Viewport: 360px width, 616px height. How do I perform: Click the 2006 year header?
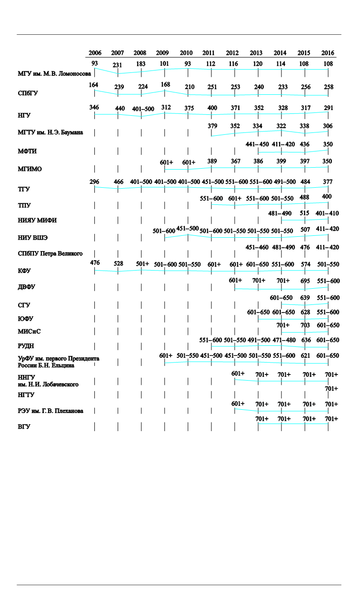[x=95, y=53]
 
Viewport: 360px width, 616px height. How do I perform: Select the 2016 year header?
[x=328, y=53]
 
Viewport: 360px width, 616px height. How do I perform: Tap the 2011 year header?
[x=208, y=53]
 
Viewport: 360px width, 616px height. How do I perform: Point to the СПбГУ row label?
[x=27, y=93]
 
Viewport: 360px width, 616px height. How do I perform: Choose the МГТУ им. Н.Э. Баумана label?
[x=50, y=132]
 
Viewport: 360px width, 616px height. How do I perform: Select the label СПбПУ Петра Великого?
[x=50, y=253]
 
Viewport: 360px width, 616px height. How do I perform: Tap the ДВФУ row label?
[x=26, y=287]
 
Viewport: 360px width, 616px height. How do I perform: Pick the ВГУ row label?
[x=24, y=427]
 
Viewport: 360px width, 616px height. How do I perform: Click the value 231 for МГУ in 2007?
[x=118, y=66]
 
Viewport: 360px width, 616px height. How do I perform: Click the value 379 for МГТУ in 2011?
[x=212, y=126]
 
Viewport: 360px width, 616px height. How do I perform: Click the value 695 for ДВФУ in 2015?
[x=305, y=281]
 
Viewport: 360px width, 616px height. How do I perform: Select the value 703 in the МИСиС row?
[x=305, y=325]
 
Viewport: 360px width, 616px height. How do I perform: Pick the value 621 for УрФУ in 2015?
[x=305, y=356]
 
